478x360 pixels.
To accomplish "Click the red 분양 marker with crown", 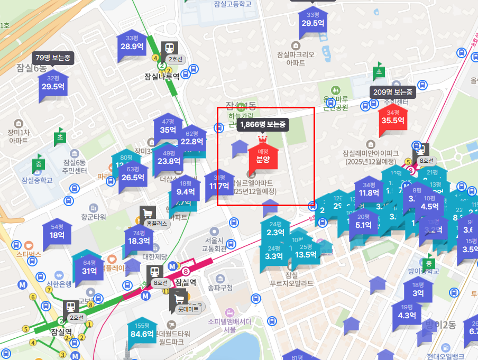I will (263, 156).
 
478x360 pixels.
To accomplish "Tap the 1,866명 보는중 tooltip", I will (263, 125).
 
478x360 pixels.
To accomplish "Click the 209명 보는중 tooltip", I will (392, 92).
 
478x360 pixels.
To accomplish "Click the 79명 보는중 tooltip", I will (53, 57).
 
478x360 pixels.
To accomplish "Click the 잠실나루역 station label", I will (162, 76).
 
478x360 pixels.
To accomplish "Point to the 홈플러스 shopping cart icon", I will (148, 213).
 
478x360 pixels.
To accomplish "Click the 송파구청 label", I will (220, 288).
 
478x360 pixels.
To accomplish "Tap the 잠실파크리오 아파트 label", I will (296, 58).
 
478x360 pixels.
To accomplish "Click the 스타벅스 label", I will (29, 254).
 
